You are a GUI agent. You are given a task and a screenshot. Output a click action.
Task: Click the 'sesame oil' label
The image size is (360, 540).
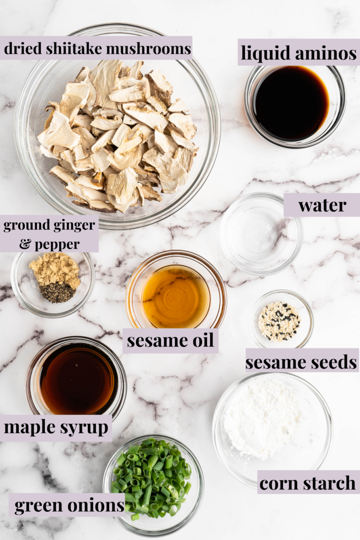171,340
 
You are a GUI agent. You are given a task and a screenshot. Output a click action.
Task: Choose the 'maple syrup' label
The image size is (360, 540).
56,427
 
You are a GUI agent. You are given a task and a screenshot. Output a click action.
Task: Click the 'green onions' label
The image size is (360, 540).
69,505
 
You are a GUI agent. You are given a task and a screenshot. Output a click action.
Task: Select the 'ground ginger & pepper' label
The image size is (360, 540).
49,234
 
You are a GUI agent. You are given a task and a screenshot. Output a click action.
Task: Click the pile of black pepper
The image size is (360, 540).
57,293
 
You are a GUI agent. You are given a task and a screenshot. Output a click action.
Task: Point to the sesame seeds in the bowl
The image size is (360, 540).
279,322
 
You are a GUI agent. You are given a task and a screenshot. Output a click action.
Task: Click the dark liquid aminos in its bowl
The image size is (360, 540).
292,103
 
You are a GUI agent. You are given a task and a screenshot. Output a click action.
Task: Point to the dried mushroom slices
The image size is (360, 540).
117,135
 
